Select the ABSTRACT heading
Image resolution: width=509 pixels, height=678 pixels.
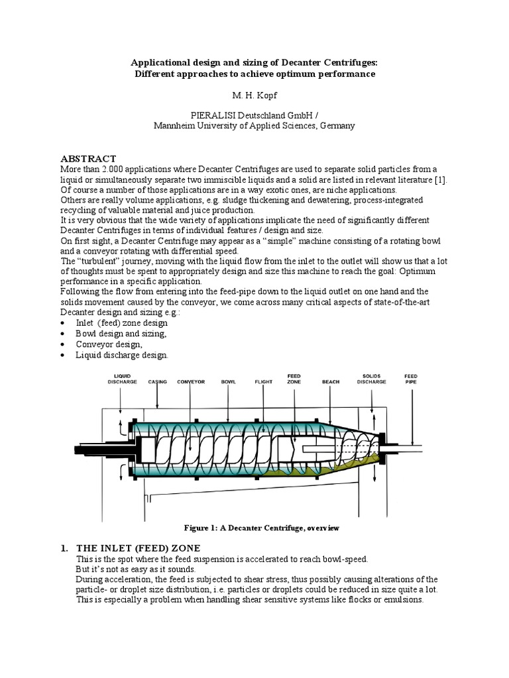[88, 159]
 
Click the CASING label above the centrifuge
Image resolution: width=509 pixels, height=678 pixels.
[157, 381]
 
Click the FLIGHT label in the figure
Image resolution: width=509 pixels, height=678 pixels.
[264, 381]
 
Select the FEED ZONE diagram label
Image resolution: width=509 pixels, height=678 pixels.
[294, 378]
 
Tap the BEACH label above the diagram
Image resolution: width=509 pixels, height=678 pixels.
[330, 381]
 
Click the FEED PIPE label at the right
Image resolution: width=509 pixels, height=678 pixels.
[411, 378]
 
